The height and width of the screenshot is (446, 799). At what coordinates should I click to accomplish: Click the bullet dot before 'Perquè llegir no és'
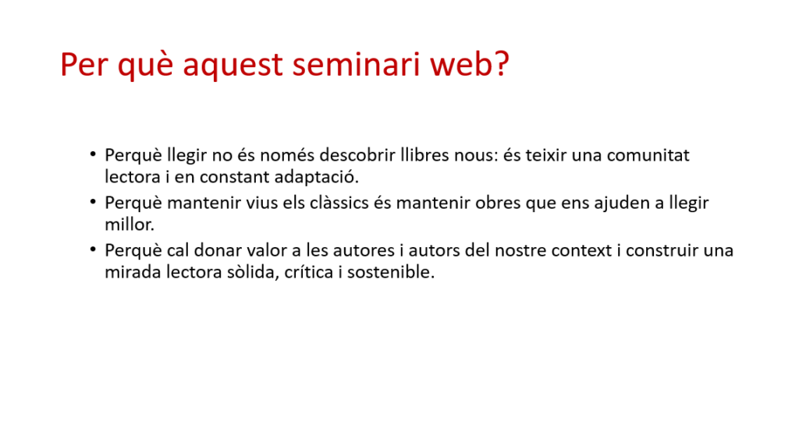[x=93, y=154]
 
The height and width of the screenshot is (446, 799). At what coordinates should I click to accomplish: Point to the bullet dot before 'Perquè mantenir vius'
[x=93, y=201]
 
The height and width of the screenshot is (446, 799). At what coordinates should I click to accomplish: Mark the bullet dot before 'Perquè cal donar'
[x=93, y=249]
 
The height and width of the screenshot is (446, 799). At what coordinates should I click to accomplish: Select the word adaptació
[x=317, y=177]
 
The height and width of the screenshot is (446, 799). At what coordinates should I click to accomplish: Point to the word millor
[x=130, y=225]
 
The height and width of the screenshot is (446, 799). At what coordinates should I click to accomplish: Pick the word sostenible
[x=391, y=272]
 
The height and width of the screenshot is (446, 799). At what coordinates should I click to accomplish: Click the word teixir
[x=545, y=155]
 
